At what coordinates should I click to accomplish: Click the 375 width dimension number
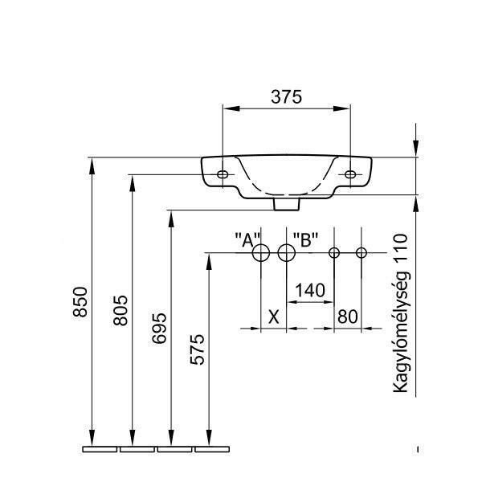287,96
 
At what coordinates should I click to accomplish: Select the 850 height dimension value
80,302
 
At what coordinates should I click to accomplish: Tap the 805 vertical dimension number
120,310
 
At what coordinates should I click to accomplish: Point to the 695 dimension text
159,329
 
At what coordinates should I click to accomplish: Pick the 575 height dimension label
197,349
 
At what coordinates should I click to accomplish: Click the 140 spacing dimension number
310,290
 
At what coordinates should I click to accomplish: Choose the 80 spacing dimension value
348,317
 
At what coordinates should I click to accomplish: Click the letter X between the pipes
274,317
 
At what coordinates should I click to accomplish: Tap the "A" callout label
247,239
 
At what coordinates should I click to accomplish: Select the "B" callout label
305,239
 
